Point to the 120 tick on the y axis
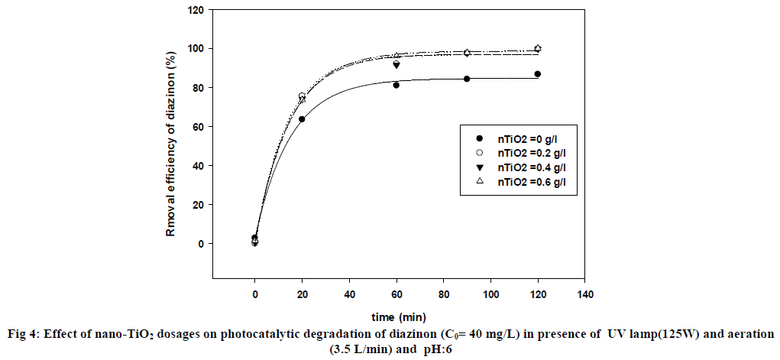(x=198, y=10)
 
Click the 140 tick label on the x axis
(x=585, y=294)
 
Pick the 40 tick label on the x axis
(x=349, y=294)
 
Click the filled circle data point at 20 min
(x=302, y=119)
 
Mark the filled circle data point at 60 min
(x=396, y=85)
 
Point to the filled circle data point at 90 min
(x=467, y=79)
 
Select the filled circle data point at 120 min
(x=538, y=74)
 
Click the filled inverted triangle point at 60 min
(x=396, y=65)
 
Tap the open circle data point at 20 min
(x=302, y=96)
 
